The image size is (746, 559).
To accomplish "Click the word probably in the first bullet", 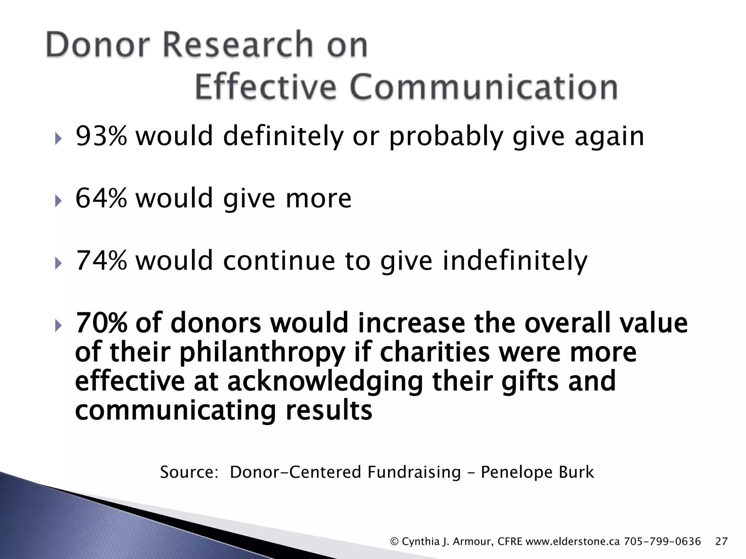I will click(446, 137).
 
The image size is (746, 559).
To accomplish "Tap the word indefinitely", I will click(515, 261).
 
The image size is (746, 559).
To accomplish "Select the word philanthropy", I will click(262, 353).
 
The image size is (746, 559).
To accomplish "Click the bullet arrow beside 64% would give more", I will click(58, 200).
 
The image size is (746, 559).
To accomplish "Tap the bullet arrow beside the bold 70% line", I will click(58, 325).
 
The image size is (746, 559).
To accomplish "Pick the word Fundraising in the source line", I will click(414, 472).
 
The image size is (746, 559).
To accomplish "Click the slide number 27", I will click(721, 542).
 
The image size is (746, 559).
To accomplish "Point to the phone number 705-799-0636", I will click(662, 542).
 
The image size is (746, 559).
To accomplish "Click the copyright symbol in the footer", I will click(394, 542).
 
